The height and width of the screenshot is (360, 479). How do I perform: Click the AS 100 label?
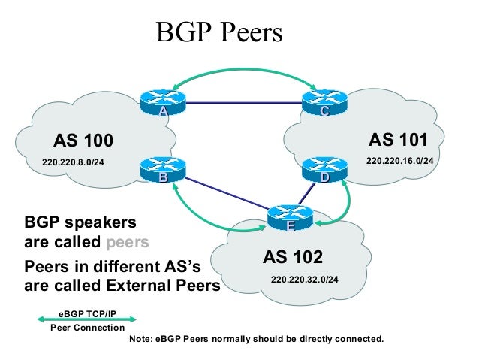pos(83,141)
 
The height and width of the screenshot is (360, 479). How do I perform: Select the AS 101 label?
pos(398,140)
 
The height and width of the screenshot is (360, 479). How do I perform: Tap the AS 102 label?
pos(292,257)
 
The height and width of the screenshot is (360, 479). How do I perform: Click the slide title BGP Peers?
pos(218,32)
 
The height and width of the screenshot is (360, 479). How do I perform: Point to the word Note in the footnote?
pos(143,339)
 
